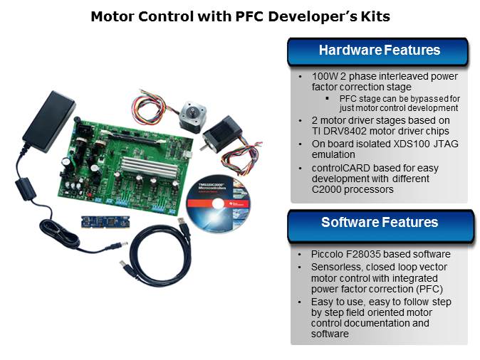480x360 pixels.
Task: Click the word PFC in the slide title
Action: [249, 16]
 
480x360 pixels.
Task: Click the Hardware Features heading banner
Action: [377, 51]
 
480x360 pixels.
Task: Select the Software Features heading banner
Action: [380, 226]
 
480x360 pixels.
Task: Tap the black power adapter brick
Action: [49, 121]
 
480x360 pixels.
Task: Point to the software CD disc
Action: [218, 203]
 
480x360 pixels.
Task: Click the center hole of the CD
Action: [218, 203]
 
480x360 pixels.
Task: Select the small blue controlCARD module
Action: [105, 222]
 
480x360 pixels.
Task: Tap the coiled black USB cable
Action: [158, 253]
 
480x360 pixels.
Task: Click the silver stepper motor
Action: [192, 116]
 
